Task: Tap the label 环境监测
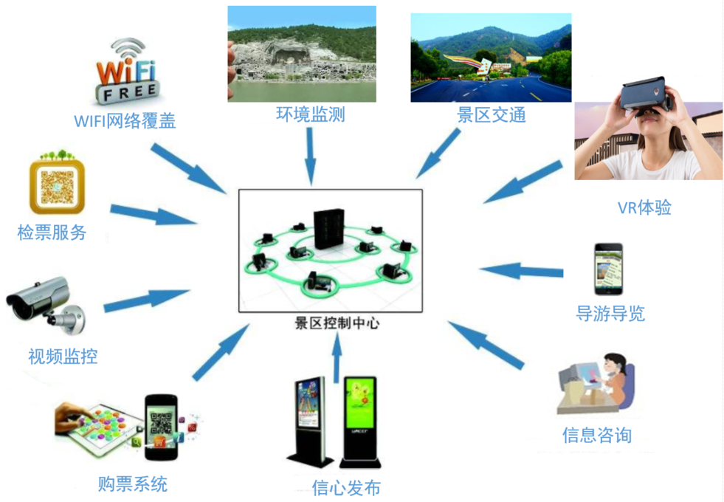[310, 114]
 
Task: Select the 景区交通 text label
[492, 115]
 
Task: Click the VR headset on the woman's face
[644, 95]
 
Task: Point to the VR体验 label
[644, 207]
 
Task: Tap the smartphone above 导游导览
[608, 269]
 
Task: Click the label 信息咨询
[596, 435]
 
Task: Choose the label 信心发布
[346, 488]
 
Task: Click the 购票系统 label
[133, 484]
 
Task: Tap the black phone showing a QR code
[161, 427]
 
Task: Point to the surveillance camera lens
[18, 307]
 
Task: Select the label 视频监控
[63, 356]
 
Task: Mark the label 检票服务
[52, 233]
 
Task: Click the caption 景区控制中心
[337, 323]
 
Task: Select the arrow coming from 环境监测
[310, 156]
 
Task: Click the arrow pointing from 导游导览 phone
[521, 271]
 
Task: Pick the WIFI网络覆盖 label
[125, 121]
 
